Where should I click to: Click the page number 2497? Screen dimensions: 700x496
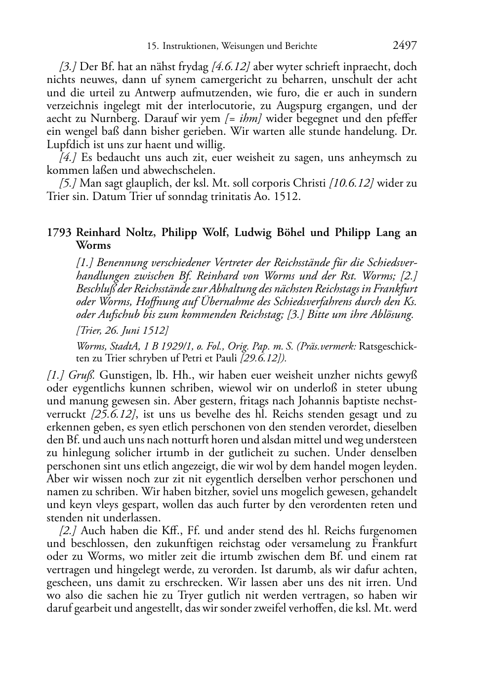coord(404,46)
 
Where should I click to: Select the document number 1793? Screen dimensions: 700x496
coord(59,233)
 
